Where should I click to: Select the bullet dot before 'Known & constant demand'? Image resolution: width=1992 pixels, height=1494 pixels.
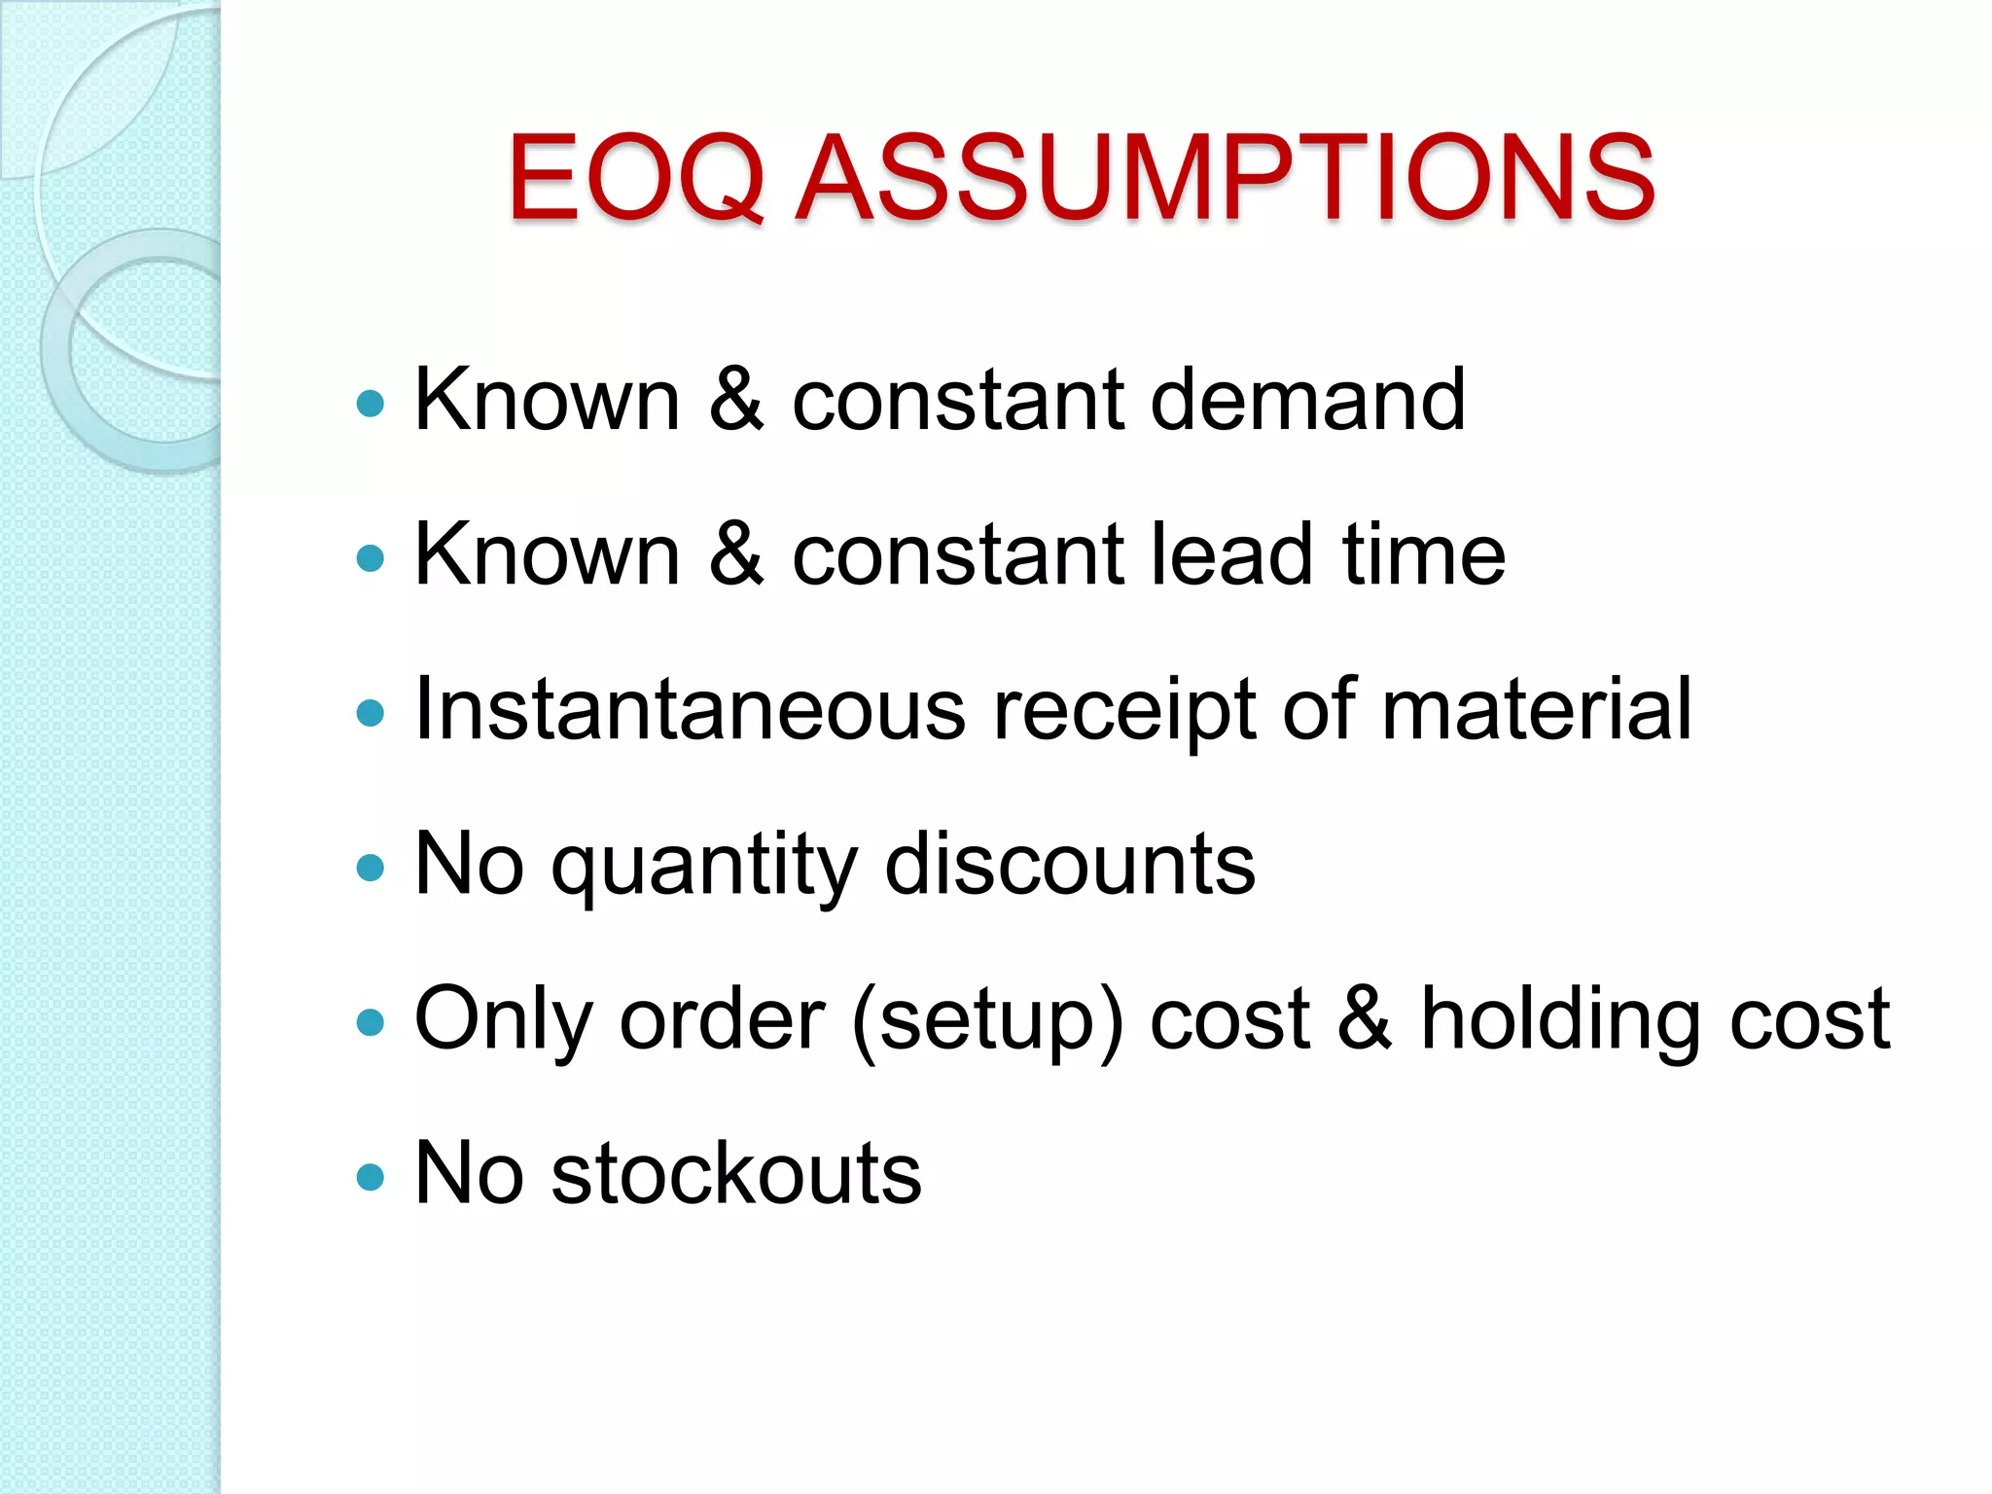(371, 403)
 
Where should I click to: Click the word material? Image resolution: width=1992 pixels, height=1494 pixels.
(1537, 709)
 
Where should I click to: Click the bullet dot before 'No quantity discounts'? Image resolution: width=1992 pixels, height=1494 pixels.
(371, 867)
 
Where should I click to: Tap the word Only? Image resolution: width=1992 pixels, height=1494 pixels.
(503, 1021)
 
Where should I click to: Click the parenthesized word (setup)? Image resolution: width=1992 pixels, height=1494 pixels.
(987, 1021)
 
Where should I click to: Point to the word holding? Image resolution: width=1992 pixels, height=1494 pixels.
(1559, 1021)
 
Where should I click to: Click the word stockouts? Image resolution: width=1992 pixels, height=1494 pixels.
(736, 1173)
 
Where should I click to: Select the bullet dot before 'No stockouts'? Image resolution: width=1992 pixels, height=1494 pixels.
(371, 1177)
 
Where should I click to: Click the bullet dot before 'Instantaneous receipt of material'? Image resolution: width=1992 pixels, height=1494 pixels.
(371, 713)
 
